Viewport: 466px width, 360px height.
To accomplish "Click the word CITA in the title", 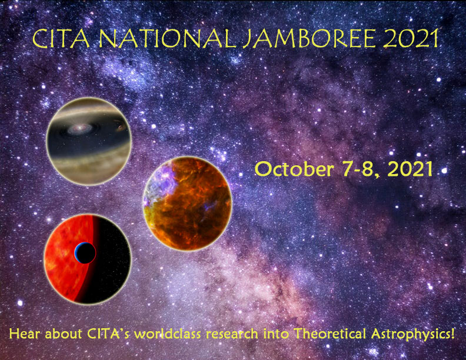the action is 61,39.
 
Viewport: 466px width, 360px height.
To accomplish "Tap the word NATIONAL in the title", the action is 167,39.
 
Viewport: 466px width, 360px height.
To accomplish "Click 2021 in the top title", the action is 411,38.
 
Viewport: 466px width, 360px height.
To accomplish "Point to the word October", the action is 294,169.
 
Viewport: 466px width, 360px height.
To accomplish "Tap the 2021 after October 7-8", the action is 411,169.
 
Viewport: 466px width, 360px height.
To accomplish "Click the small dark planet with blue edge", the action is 85,253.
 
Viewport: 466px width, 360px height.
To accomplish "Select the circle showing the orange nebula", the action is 187,203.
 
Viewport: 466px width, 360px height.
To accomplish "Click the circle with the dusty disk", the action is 89,141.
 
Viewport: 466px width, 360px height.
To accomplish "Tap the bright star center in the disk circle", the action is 79,128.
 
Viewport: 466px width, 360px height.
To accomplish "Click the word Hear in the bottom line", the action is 24,334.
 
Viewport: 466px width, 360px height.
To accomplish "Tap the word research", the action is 232,334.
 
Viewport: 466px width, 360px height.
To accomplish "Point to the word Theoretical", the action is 330,334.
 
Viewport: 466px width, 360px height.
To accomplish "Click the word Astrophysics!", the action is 413,335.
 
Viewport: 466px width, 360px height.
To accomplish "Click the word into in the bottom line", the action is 276,334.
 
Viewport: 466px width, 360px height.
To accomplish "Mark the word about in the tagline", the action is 63,334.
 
